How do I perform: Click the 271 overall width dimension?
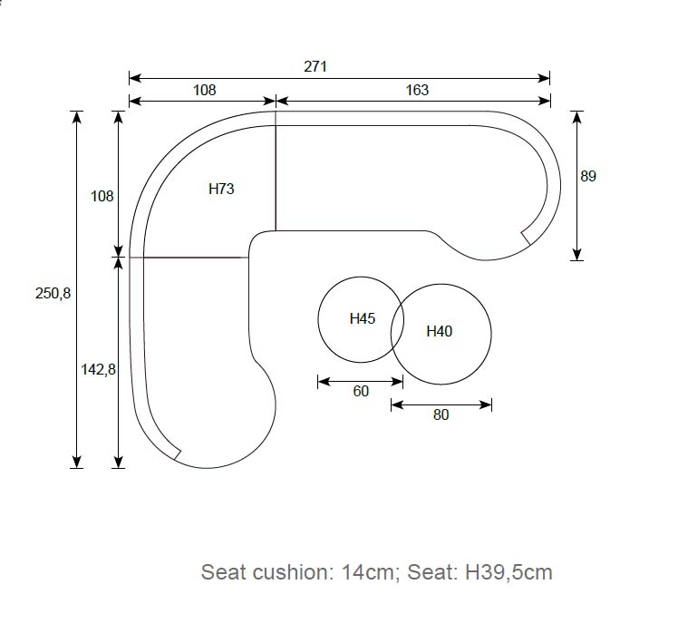coord(315,66)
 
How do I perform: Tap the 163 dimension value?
coord(417,90)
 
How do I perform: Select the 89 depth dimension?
coord(588,176)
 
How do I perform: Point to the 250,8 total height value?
coord(53,293)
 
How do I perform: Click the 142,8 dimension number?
coord(98,369)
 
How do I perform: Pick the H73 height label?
coord(221,189)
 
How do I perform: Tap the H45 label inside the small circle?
coord(363,319)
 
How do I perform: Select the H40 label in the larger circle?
coord(440,331)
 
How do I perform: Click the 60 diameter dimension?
coord(361,391)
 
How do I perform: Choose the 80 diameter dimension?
coord(441,414)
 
